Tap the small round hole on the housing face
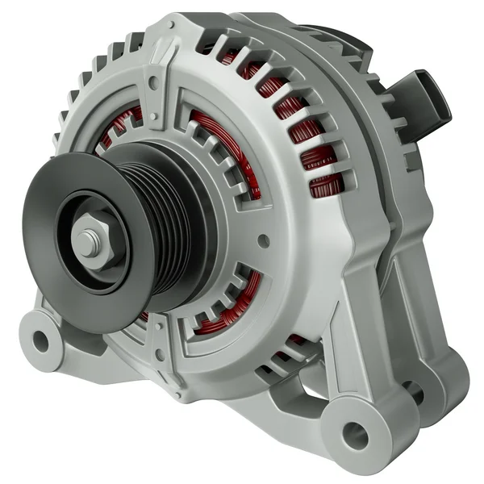pyautogui.click(x=264, y=240)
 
